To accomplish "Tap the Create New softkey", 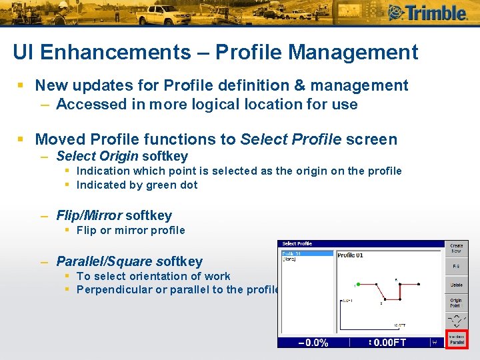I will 456,249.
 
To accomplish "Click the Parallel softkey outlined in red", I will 456,338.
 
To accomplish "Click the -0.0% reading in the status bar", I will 313,343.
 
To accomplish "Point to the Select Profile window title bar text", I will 297,243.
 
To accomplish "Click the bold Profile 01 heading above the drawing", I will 350,255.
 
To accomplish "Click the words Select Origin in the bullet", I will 97,156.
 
